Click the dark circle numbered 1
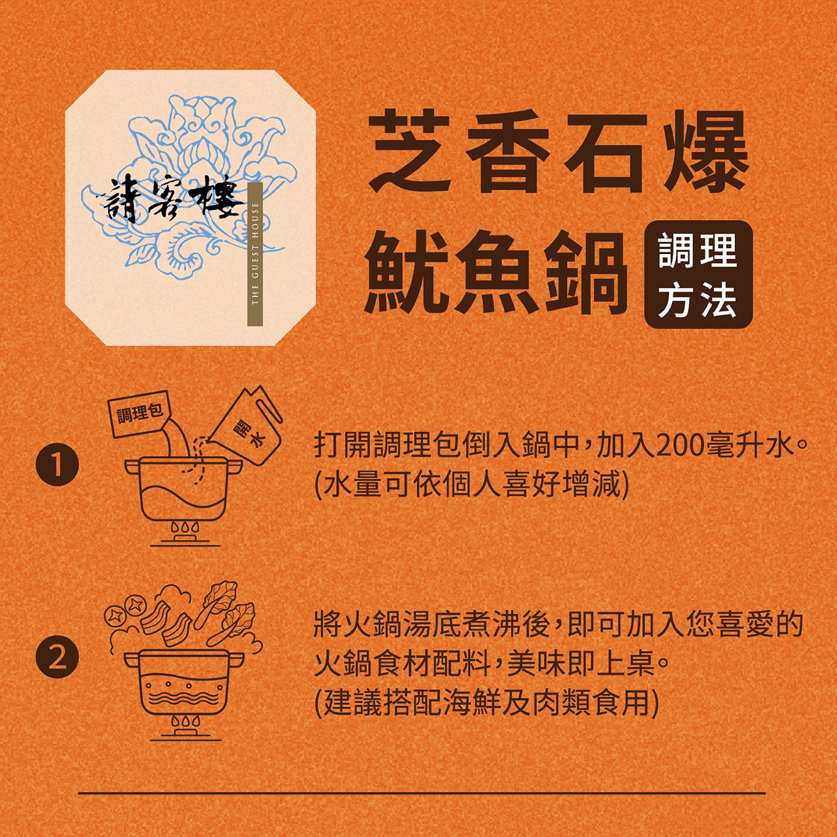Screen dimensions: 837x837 [57, 465]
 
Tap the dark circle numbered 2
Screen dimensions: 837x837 [57, 656]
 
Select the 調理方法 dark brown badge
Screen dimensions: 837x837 [698, 274]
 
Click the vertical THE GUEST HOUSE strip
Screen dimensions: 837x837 [255, 253]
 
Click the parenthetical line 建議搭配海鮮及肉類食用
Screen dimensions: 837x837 [486, 702]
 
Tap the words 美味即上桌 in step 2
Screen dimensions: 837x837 [581, 664]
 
